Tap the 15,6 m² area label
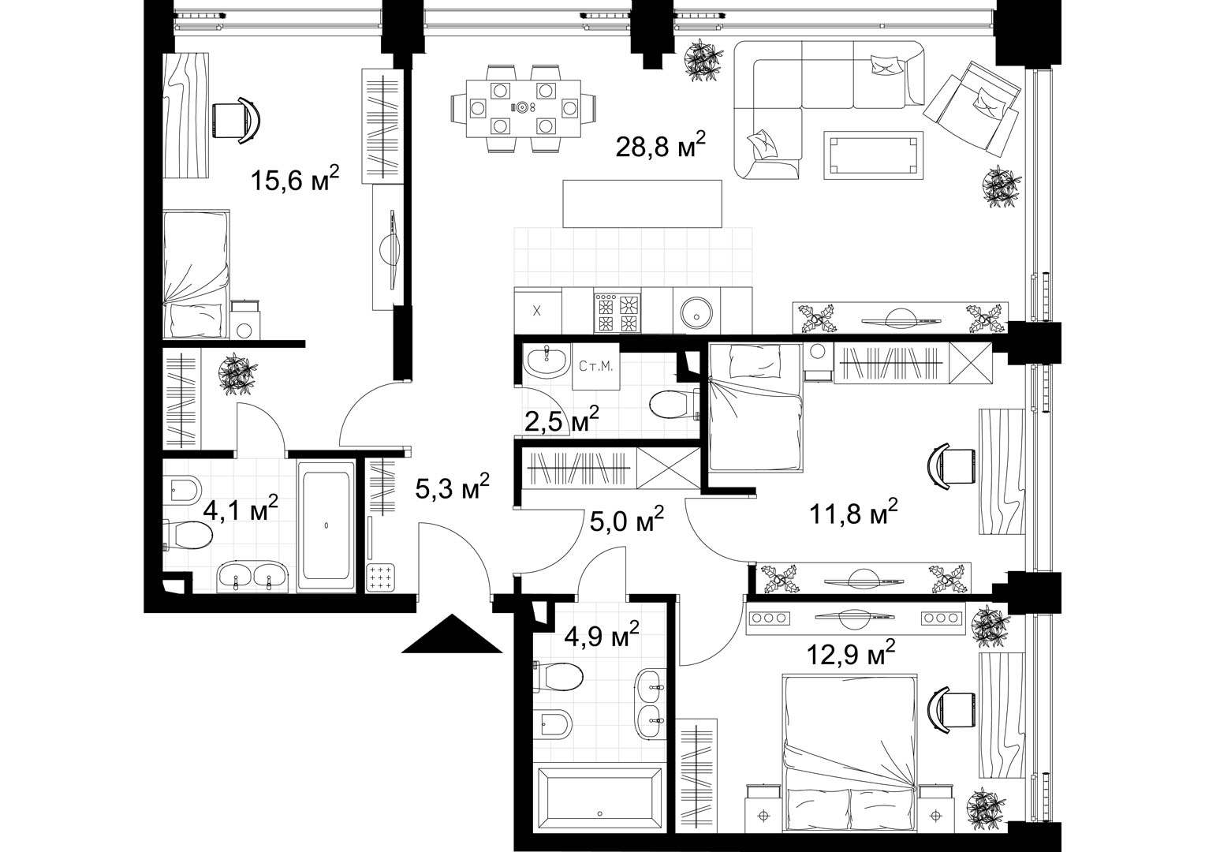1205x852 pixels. [x=295, y=179]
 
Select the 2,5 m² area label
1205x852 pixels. [x=561, y=420]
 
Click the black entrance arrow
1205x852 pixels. [x=452, y=634]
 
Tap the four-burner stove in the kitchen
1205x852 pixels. [x=617, y=312]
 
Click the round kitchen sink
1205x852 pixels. [x=696, y=312]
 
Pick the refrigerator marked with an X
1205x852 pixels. [x=537, y=311]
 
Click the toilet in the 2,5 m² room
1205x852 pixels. [x=674, y=404]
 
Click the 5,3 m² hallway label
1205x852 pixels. [x=453, y=487]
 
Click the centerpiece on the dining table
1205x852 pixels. [x=522, y=107]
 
